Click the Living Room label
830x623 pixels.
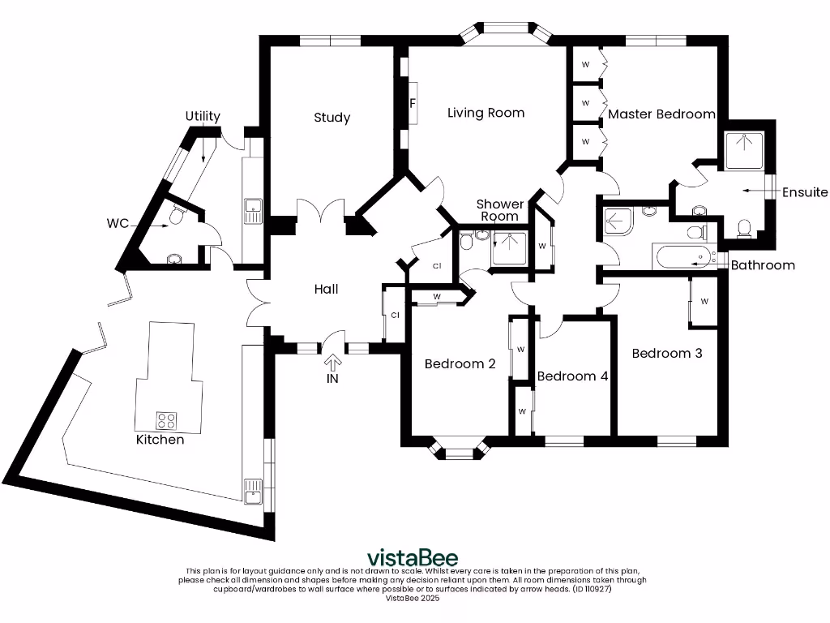[486, 113]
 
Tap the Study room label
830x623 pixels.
[332, 118]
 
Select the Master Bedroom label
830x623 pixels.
[661, 114]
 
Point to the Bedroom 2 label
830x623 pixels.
[460, 364]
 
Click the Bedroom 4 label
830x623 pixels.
[572, 376]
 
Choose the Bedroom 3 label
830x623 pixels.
[666, 354]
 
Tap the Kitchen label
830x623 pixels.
[160, 440]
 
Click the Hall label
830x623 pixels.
[326, 289]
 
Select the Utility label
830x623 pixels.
[202, 116]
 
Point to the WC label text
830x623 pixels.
[118, 223]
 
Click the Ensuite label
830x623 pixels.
[805, 192]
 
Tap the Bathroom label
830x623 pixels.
[763, 265]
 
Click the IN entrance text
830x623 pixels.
[333, 379]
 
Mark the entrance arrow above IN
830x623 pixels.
[333, 362]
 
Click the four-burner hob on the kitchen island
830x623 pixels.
[167, 420]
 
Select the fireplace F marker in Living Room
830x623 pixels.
[413, 104]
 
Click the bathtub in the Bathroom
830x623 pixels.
[680, 258]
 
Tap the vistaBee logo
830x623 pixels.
[413, 558]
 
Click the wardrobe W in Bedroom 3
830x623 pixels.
[704, 301]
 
